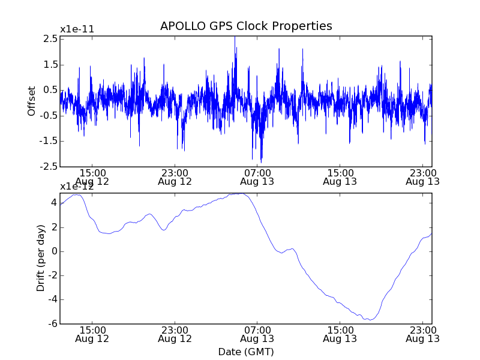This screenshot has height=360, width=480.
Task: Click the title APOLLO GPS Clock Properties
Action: pyautogui.click(x=246, y=26)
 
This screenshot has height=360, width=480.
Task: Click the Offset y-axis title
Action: pyautogui.click(x=32, y=101)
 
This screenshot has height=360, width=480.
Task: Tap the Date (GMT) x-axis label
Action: pyautogui.click(x=246, y=351)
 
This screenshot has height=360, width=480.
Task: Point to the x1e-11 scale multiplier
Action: pyautogui.click(x=77, y=29)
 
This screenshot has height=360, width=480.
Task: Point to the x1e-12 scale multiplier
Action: pyautogui.click(x=77, y=187)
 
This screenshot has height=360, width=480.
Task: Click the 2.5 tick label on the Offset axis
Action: pyautogui.click(x=50, y=39)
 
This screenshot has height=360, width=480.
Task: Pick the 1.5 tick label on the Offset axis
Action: pyautogui.click(x=50, y=65)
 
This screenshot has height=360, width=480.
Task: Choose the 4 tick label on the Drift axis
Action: pyautogui.click(x=53, y=203)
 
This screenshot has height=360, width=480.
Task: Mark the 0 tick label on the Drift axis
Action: pyautogui.click(x=53, y=251)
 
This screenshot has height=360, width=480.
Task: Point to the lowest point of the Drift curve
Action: pyautogui.click(x=371, y=320)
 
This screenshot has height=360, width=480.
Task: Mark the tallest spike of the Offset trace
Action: pyautogui.click(x=235, y=37)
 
